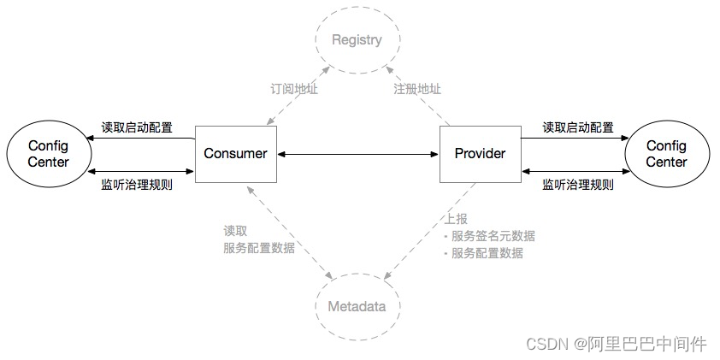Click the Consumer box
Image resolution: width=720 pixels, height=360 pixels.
(x=235, y=154)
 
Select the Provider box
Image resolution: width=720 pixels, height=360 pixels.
(x=479, y=154)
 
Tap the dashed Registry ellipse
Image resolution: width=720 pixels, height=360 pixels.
(x=357, y=40)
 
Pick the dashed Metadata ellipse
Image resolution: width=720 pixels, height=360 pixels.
(x=357, y=306)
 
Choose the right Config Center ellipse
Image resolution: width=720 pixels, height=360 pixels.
(x=666, y=154)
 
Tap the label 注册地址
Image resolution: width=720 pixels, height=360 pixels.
(x=417, y=89)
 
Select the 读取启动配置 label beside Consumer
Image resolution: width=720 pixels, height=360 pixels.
(x=137, y=127)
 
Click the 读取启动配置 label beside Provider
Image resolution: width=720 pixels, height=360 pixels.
(x=578, y=127)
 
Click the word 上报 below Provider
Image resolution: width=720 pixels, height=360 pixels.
(x=456, y=219)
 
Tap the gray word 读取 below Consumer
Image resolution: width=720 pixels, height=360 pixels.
(x=235, y=231)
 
